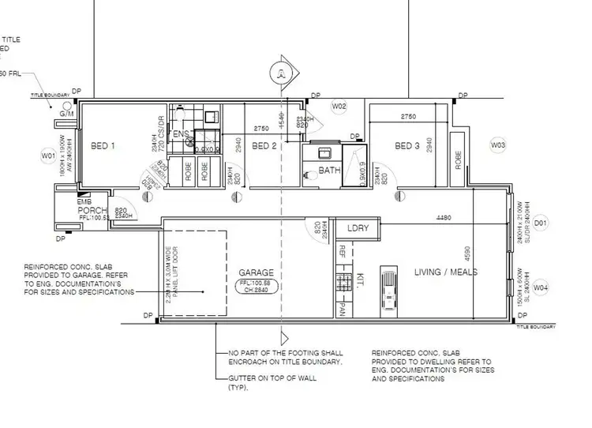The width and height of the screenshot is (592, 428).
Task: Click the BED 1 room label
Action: click(x=103, y=146)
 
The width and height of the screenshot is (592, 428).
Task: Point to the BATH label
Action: click(x=328, y=171)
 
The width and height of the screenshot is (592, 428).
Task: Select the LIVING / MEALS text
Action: click(x=447, y=272)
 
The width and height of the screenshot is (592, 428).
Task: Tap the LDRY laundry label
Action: click(x=358, y=228)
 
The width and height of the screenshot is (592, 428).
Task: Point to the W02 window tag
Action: click(x=339, y=106)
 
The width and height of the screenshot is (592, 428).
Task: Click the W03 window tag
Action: click(x=498, y=145)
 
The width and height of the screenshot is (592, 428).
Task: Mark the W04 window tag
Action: click(x=541, y=289)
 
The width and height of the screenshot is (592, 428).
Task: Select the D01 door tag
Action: click(x=541, y=223)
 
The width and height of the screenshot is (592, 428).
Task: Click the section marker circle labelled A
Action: click(x=280, y=73)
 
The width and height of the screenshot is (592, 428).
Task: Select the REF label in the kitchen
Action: click(x=342, y=252)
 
